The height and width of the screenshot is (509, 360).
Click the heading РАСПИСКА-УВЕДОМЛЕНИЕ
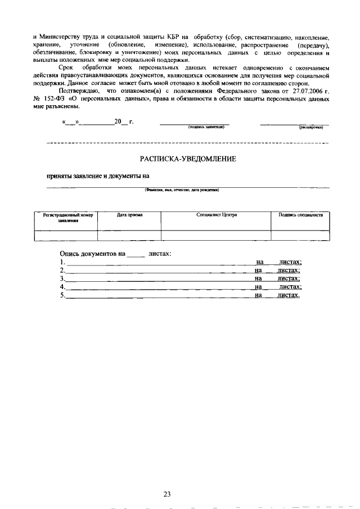[x=187, y=159]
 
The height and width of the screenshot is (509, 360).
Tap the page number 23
[x=167, y=479]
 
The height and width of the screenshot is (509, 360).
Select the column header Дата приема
[x=129, y=215]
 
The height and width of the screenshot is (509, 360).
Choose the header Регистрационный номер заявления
[x=66, y=218]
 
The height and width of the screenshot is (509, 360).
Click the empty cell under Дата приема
[x=129, y=236]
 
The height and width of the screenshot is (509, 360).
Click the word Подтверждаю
[x=79, y=91]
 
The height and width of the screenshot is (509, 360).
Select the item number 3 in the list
[x=62, y=278]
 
